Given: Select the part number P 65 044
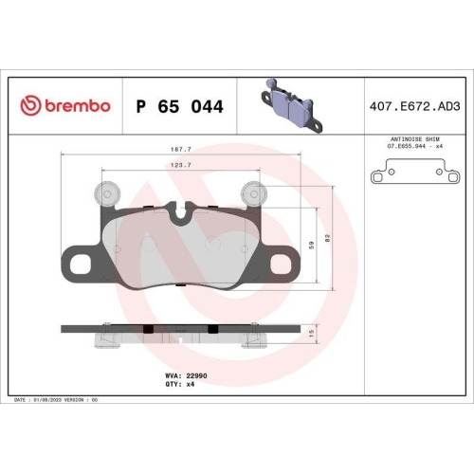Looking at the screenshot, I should pyautogui.click(x=180, y=106).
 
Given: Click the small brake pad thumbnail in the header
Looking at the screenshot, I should pyautogui.click(x=293, y=103).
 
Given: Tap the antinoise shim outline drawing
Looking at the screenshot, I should pyautogui.click(x=414, y=174).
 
